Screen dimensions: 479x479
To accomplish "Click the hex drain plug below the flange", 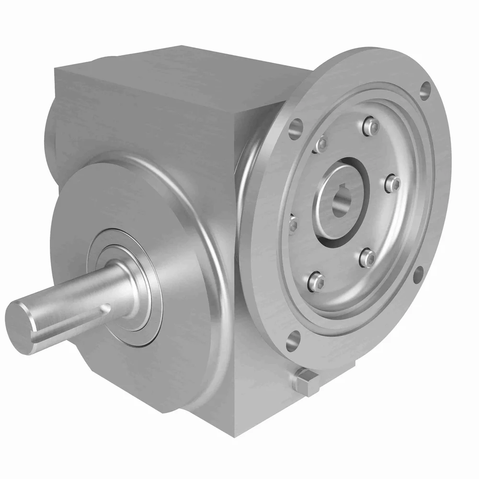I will [x=305, y=381].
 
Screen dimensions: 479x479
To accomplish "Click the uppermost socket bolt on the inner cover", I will [x=370, y=126].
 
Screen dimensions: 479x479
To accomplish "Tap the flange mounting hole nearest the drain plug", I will [x=292, y=341].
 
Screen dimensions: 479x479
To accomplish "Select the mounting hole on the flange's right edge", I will [x=418, y=274].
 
